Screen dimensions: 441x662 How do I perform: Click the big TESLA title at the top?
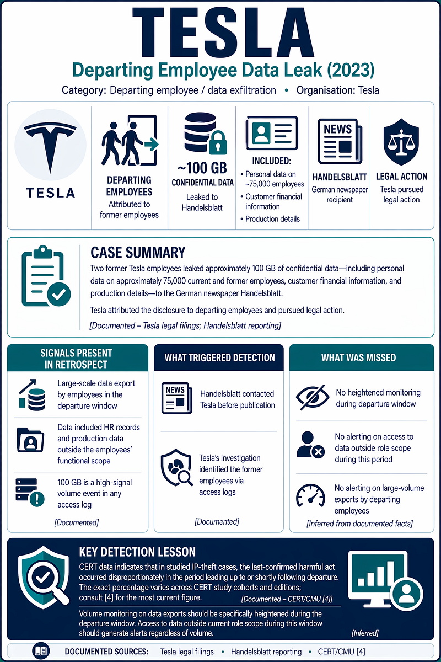point(223,33)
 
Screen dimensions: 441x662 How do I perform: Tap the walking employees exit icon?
point(130,140)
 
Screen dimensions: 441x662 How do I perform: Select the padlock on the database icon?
point(218,143)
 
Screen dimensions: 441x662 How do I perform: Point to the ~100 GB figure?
point(202,168)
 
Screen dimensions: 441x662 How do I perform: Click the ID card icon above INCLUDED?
point(272,133)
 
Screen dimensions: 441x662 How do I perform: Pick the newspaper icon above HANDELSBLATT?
point(340,141)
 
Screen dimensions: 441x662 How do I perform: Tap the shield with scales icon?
point(401,142)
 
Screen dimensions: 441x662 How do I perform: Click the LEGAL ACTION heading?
point(401,177)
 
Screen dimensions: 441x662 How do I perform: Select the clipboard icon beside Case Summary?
point(46,276)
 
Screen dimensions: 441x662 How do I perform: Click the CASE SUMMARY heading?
point(138,253)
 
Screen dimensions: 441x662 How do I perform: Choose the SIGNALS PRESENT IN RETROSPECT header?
point(76,359)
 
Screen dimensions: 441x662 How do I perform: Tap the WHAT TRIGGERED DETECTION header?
point(219,358)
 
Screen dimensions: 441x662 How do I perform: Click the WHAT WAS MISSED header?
point(358,357)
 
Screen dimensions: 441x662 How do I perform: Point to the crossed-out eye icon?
point(313,397)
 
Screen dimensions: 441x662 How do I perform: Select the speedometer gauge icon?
point(310,495)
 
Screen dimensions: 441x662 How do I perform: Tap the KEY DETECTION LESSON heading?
point(137,552)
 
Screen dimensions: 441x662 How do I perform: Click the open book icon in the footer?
point(41,650)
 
